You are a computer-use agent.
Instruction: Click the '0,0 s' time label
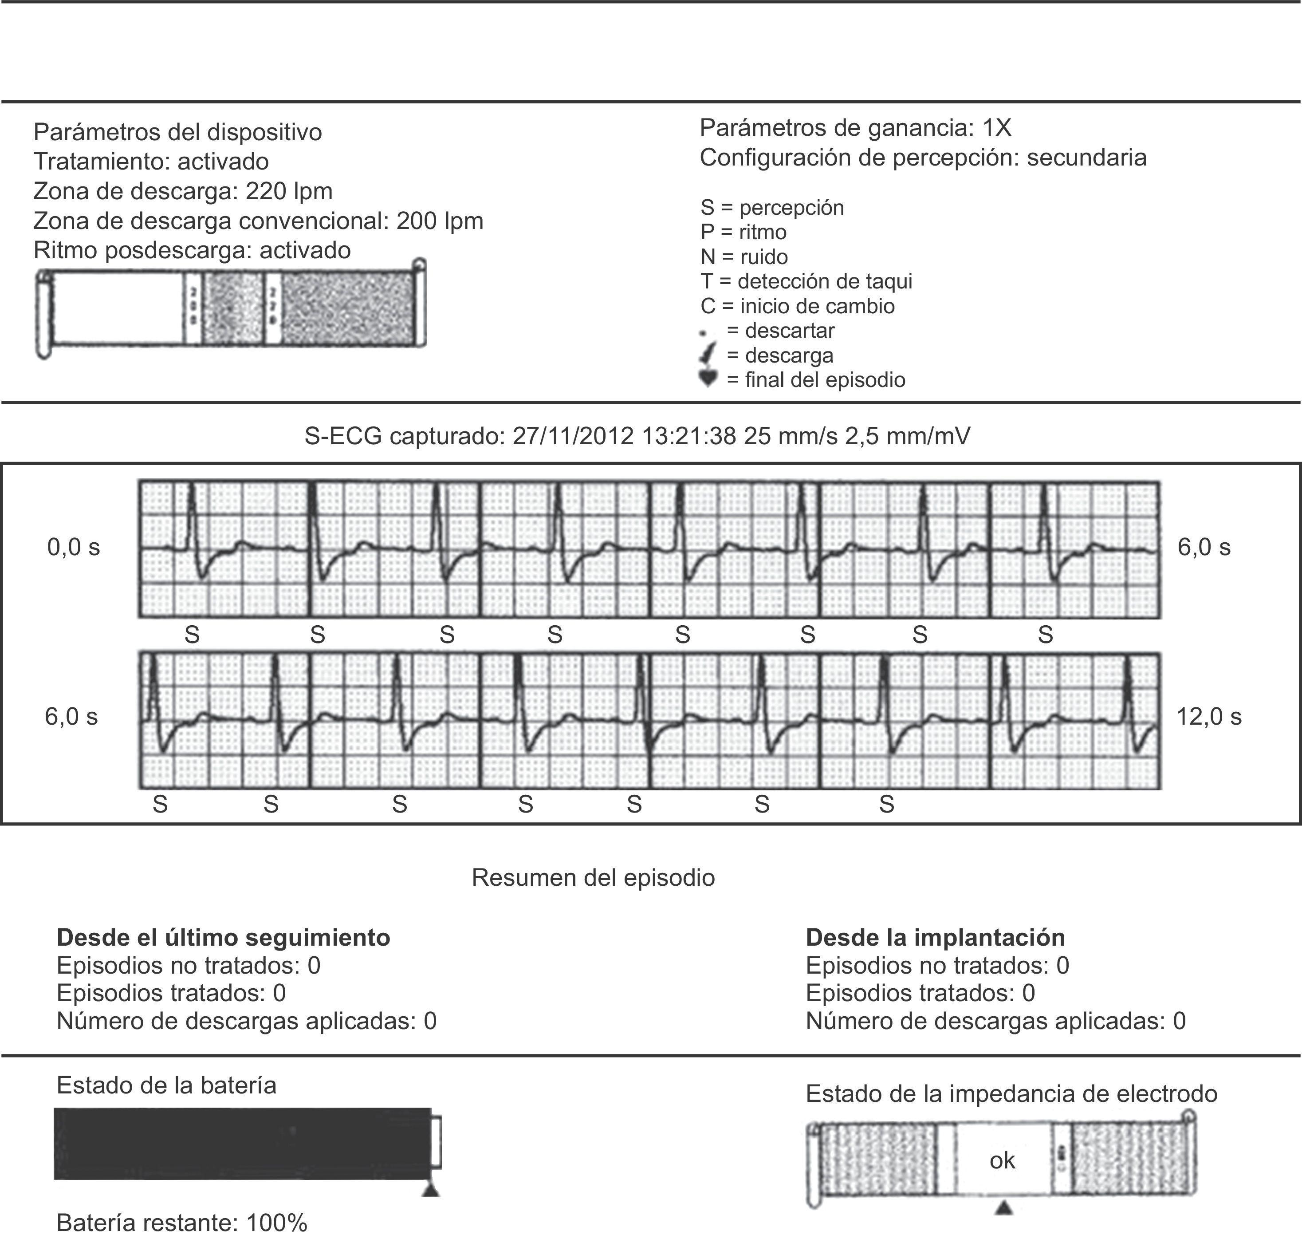73,548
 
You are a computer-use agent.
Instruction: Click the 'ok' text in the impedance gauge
1002,1160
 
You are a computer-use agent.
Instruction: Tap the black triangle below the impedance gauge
1003,1208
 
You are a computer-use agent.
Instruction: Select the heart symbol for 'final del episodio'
708,379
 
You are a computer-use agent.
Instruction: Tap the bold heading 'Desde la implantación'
936,938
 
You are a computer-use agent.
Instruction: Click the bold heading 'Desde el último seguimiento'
223,938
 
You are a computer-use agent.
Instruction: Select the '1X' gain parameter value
996,127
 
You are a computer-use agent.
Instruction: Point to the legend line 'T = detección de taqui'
806,281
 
